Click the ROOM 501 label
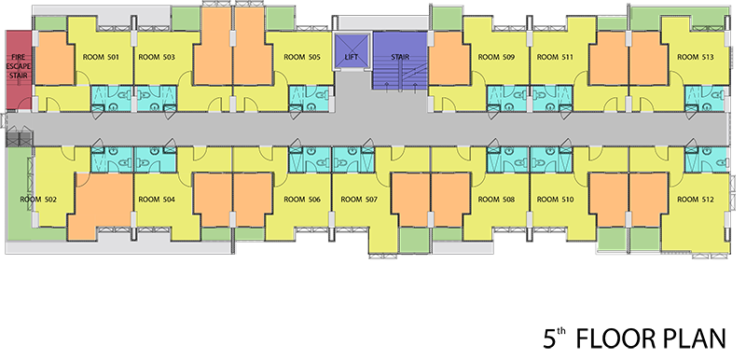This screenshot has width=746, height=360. pyautogui.click(x=101, y=57)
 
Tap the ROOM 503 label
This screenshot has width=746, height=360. pyautogui.click(x=157, y=57)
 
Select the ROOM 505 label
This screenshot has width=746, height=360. pyautogui.click(x=302, y=57)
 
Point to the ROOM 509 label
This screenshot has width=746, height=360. pyautogui.click(x=496, y=57)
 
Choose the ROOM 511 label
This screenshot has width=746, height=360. pyautogui.click(x=555, y=57)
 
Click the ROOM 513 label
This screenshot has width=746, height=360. pyautogui.click(x=696, y=57)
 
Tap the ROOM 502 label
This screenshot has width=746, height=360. pyautogui.click(x=38, y=200)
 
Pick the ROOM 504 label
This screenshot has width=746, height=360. pyautogui.click(x=157, y=200)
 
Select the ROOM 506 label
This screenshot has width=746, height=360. pyautogui.click(x=302, y=200)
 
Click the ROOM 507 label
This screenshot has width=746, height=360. pyautogui.click(x=359, y=200)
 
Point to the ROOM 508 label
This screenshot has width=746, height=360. pyautogui.click(x=496, y=200)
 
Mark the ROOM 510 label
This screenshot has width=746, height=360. pyautogui.click(x=555, y=200)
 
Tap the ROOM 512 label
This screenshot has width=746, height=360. pyautogui.click(x=696, y=200)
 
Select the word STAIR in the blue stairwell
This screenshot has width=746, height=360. pyautogui.click(x=400, y=57)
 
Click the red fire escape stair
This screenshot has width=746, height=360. pyautogui.click(x=19, y=70)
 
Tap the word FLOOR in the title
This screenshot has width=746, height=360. pyautogui.click(x=614, y=339)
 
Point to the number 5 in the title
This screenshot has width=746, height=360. pyautogui.click(x=549, y=339)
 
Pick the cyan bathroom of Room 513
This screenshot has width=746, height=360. pyautogui.click(x=706, y=99)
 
